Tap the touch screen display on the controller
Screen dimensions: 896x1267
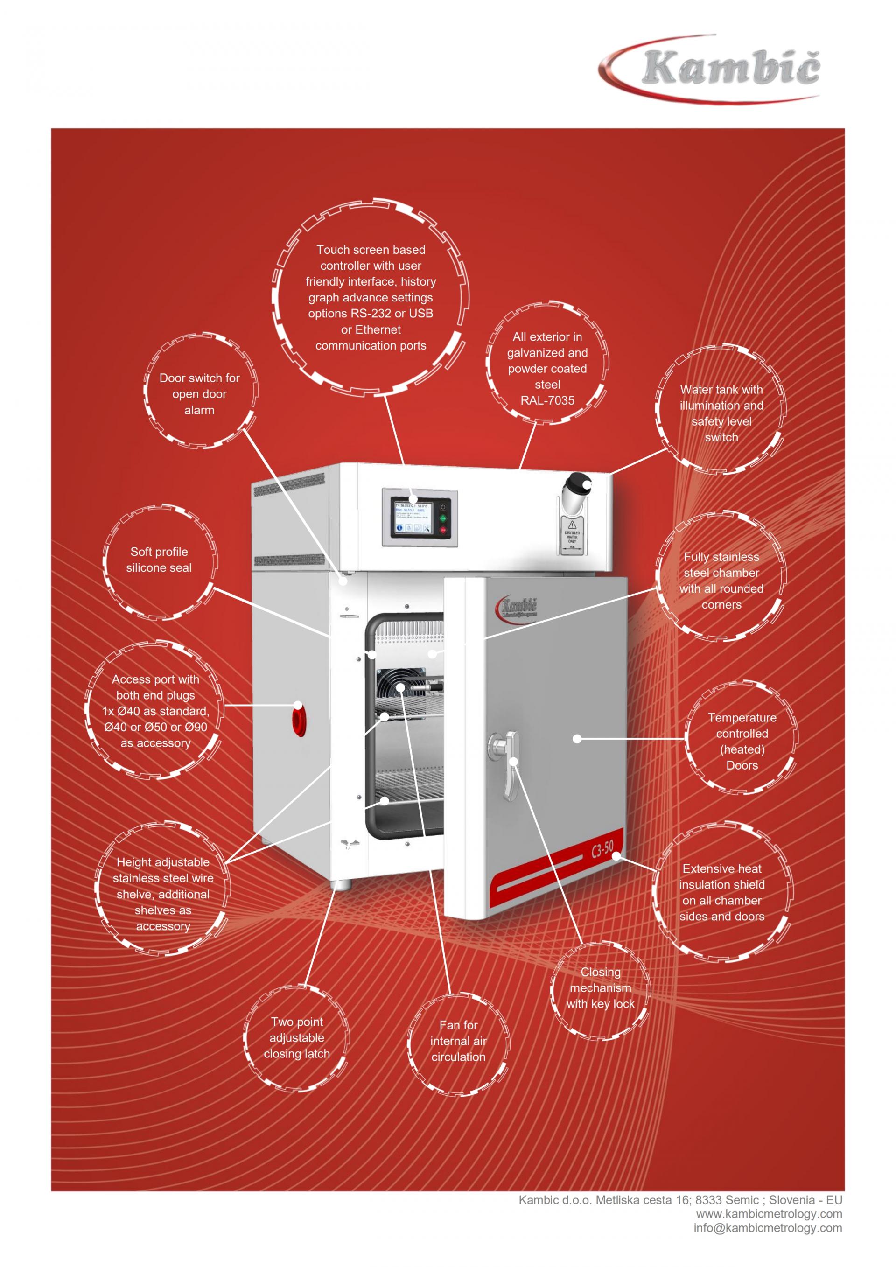click(412, 517)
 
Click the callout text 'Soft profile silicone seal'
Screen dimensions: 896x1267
click(159, 560)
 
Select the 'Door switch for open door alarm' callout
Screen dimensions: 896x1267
click(199, 394)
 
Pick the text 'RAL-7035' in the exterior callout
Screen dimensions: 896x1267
click(547, 400)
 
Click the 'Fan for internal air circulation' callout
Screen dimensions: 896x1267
click(458, 1041)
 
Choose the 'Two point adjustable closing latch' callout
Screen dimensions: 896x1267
click(297, 1037)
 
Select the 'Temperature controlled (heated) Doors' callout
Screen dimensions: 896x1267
click(742, 741)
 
